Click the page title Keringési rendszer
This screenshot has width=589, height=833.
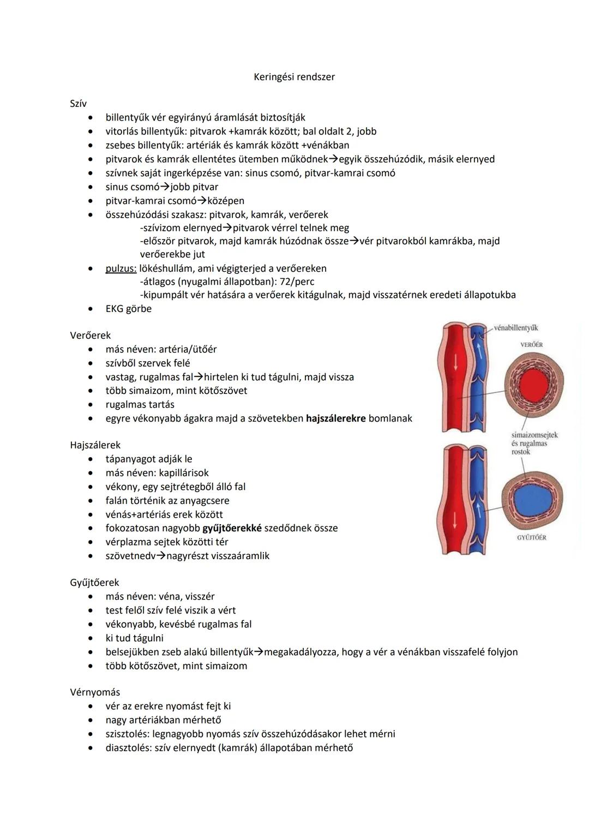294,77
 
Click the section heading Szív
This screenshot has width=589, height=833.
78,103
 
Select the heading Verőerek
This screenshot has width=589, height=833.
90,335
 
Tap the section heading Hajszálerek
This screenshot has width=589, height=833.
95,445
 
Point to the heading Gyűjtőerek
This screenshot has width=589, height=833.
94,582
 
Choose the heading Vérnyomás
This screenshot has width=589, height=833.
95,692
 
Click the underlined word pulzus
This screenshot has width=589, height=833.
121,268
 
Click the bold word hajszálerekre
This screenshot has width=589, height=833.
335,418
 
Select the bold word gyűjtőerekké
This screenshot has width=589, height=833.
232,528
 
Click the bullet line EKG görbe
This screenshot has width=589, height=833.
128,309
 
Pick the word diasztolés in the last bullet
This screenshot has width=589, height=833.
128,747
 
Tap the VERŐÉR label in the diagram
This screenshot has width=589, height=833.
531,345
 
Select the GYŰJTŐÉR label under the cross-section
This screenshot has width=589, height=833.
531,537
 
